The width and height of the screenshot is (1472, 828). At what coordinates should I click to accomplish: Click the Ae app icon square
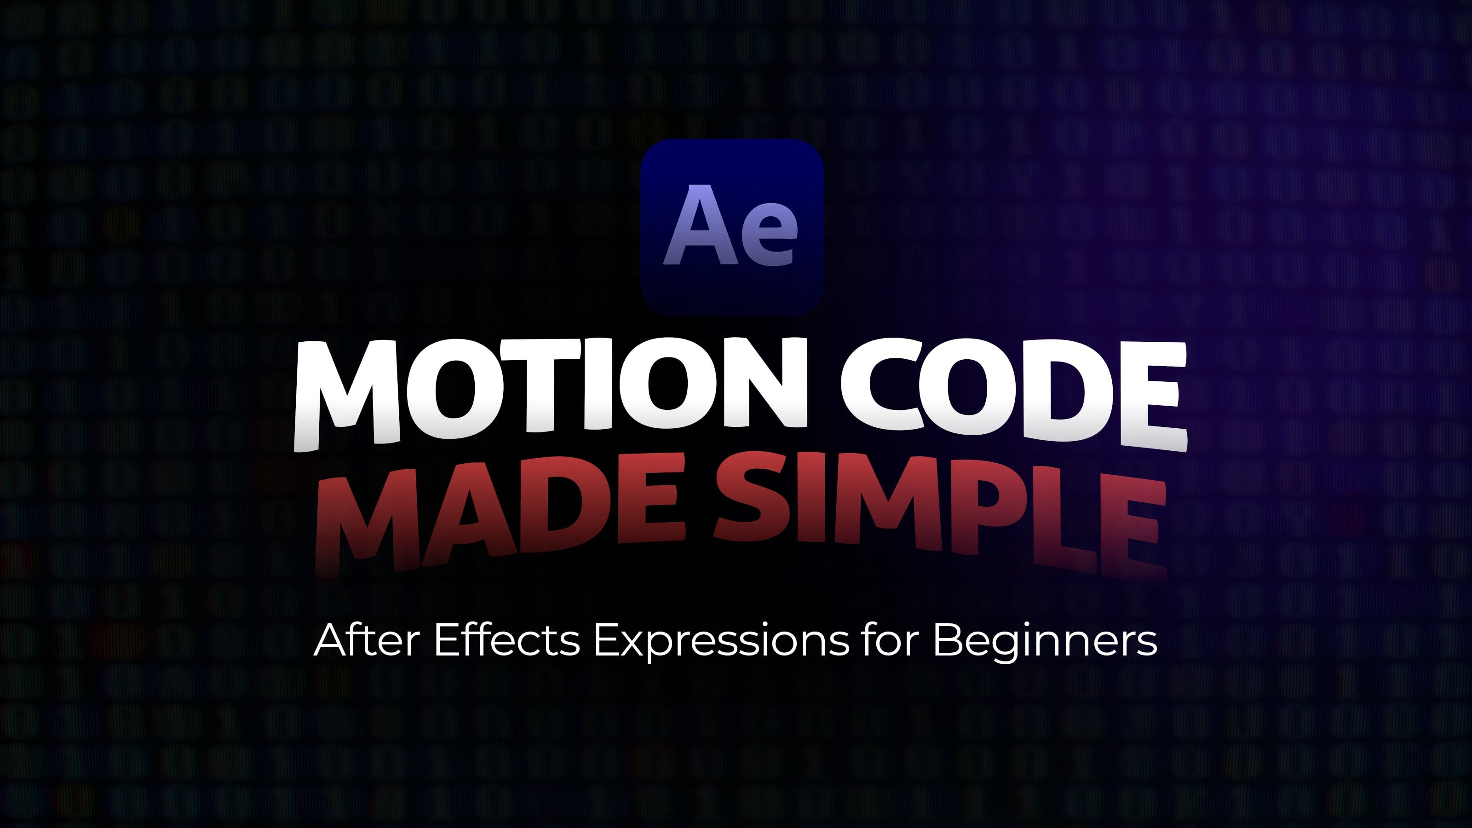tap(732, 227)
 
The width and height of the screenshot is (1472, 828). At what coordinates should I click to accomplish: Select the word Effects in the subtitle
tap(507, 639)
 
